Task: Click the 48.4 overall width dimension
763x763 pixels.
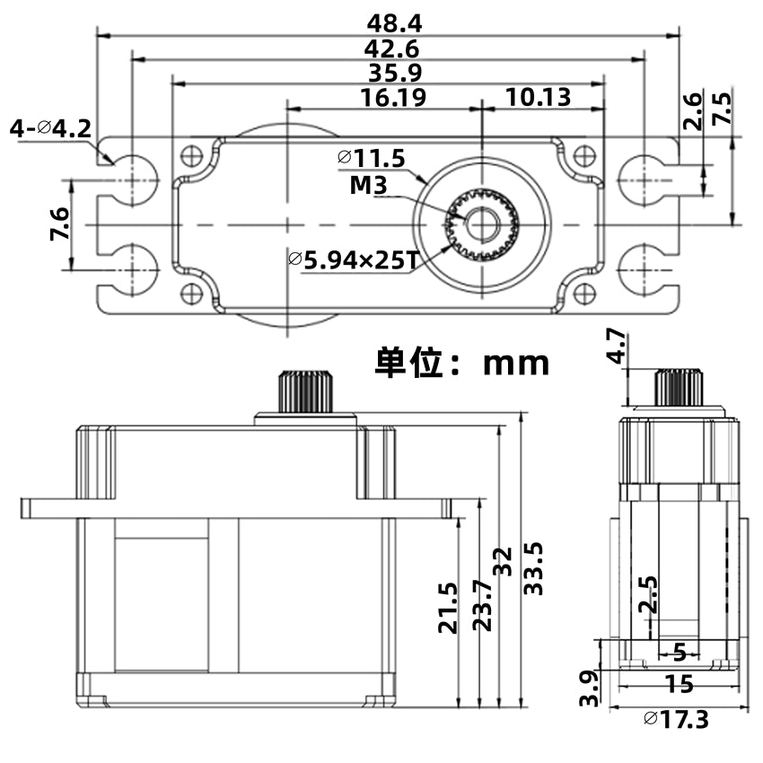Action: point(389,22)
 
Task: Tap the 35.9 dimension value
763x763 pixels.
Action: point(390,73)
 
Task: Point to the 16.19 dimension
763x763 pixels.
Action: point(393,98)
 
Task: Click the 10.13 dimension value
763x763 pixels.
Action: point(538,98)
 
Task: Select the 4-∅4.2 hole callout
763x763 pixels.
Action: point(50,129)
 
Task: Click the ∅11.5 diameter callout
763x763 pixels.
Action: point(373,159)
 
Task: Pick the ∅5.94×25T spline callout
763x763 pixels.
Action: point(354,261)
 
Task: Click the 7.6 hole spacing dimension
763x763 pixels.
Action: point(58,224)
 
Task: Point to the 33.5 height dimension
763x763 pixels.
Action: point(534,567)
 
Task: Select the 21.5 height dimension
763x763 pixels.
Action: point(448,609)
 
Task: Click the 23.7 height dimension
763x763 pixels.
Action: point(482,605)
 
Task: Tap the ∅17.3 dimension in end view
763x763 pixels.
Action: point(676,719)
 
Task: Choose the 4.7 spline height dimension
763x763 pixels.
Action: point(615,345)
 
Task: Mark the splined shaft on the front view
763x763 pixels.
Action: point(306,391)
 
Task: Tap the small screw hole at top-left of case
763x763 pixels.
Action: point(190,155)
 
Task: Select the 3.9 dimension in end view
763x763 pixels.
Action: point(589,687)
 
